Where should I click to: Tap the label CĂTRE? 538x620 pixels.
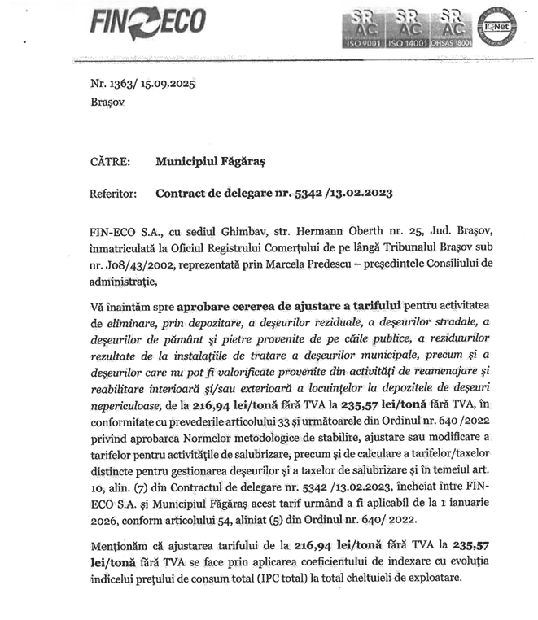tap(110, 161)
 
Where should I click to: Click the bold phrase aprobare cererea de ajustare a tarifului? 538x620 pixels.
tap(291, 306)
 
